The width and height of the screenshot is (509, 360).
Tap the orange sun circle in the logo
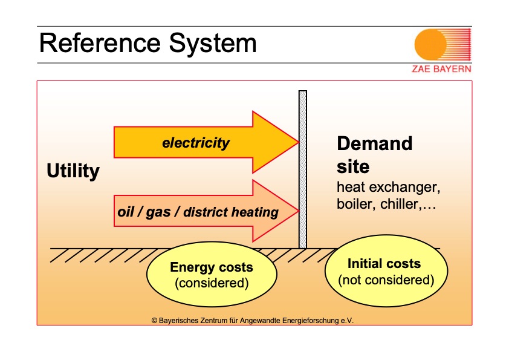point(429,44)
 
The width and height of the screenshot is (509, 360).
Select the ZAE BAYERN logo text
point(442,69)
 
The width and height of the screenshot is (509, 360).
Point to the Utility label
point(73,171)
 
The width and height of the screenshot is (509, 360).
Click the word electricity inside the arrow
point(196,143)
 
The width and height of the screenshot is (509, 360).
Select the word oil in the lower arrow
point(125,212)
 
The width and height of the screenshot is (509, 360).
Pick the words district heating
point(230,212)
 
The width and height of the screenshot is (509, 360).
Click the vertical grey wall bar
point(303,169)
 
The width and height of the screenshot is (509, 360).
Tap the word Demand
point(374,143)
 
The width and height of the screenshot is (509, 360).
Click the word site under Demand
point(352,166)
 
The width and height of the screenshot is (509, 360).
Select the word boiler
point(354,204)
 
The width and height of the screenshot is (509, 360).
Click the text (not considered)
point(386,280)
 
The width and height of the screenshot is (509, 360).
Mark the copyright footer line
point(252,319)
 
